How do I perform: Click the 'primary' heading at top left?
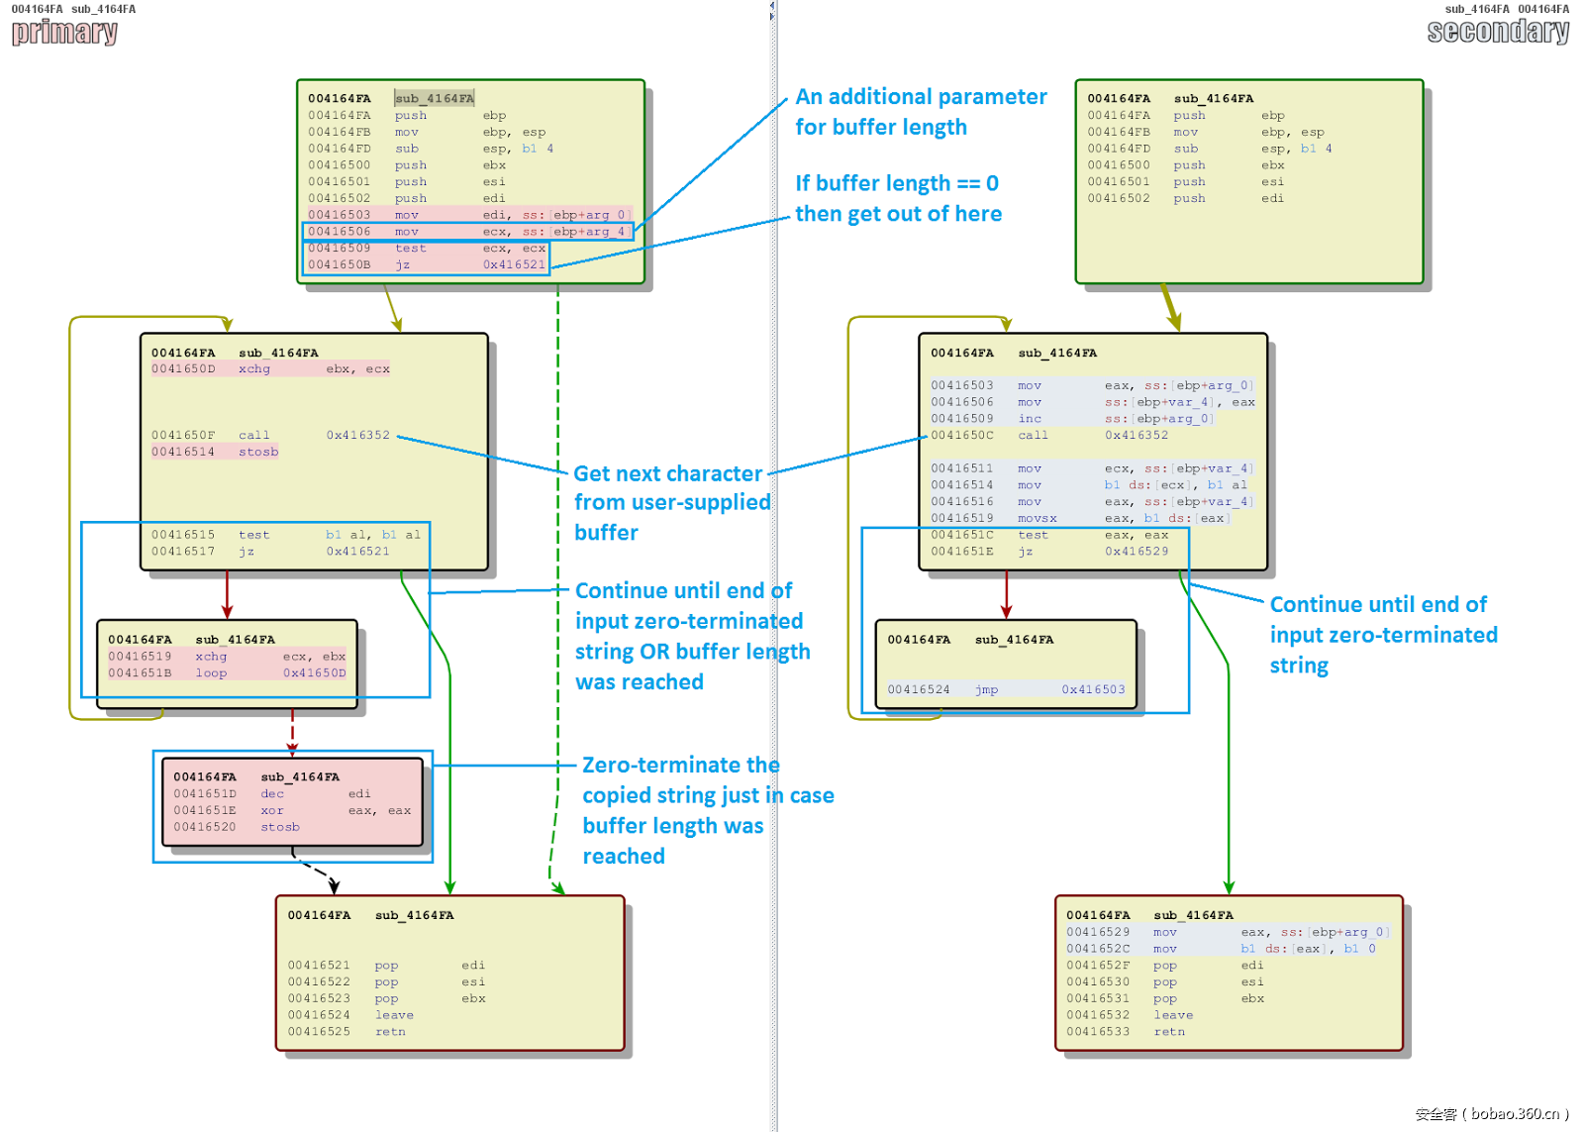[x=64, y=33]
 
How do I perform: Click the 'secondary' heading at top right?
[x=1497, y=33]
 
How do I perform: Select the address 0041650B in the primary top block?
[x=339, y=264]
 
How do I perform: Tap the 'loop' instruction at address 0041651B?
[x=211, y=673]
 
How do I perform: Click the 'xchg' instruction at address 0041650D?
[x=254, y=369]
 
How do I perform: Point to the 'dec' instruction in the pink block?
[x=272, y=794]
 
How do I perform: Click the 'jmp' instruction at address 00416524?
[x=986, y=690]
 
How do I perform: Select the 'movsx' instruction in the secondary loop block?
[x=1037, y=519]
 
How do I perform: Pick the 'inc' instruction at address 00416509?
[x=1030, y=419]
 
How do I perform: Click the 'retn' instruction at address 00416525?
[x=390, y=1032]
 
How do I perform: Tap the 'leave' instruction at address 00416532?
[x=1173, y=1015]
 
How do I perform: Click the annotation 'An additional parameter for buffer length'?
[x=920, y=112]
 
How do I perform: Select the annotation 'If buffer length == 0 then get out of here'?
[x=898, y=198]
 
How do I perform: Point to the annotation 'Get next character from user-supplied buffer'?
[x=671, y=503]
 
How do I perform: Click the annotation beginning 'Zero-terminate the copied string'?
[x=707, y=810]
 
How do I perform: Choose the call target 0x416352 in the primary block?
[x=358, y=436]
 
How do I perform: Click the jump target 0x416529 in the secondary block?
[x=1137, y=552]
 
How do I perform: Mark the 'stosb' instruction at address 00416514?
[x=258, y=453]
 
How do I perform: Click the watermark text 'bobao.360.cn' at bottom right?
[x=1514, y=1114]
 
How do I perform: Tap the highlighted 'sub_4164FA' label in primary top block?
[x=435, y=99]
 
